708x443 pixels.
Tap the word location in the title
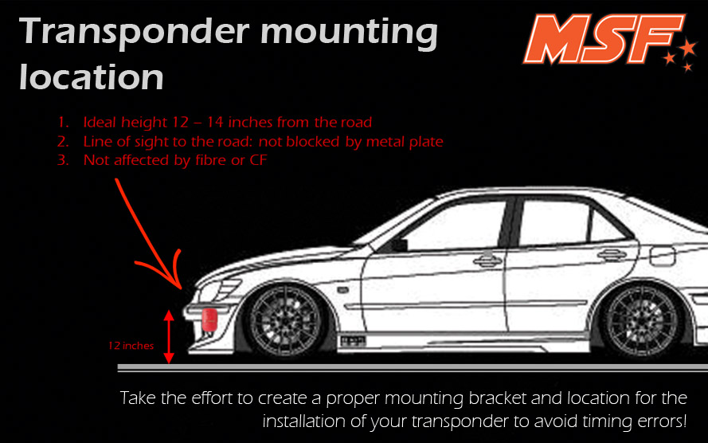pos(92,76)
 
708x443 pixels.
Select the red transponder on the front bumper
pos(209,320)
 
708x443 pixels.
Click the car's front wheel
pos(285,320)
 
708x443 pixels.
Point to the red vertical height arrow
pos(169,336)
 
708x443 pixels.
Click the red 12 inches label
pos(131,346)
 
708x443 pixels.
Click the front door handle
pos(487,261)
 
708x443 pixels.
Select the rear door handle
pos(612,255)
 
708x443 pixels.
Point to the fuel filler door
pos(663,256)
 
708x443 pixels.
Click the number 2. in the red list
pos(63,142)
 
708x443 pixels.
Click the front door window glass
pos(456,226)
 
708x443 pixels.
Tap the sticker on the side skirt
pos(353,341)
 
